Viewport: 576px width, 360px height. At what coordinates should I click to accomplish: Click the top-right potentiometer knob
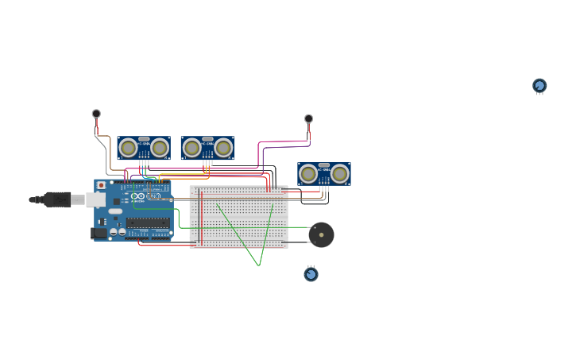539,85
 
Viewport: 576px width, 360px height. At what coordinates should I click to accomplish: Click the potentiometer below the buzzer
311,274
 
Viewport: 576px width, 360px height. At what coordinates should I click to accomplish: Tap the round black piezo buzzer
321,234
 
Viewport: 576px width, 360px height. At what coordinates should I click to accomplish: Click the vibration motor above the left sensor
96,114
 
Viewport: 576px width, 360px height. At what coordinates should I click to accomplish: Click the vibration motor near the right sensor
308,119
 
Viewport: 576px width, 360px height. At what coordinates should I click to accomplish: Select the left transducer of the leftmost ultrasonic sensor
128,148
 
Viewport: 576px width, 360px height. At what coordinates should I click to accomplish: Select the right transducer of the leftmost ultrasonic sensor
160,148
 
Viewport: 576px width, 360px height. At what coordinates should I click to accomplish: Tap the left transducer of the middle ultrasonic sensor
191,148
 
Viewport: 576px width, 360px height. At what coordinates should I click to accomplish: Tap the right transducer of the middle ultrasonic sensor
223,148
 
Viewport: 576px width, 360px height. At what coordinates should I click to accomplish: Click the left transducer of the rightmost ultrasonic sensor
308,174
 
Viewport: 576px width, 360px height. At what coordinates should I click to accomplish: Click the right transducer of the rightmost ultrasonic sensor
340,174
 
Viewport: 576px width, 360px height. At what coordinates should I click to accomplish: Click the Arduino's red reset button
101,185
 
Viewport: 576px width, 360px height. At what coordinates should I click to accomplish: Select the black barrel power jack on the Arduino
99,233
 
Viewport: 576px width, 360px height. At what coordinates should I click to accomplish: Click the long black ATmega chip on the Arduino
148,223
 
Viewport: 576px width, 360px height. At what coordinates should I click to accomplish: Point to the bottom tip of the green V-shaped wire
259,265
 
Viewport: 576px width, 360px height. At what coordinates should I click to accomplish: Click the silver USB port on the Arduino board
96,199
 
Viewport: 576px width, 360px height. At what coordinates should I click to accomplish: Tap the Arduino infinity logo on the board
139,196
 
